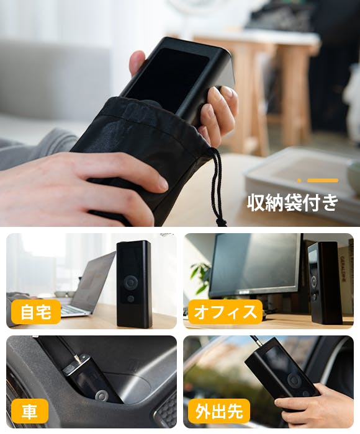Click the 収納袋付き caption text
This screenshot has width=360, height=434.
[x=292, y=203]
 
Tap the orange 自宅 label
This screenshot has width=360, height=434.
[x=36, y=312]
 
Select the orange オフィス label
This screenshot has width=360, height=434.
[x=225, y=312]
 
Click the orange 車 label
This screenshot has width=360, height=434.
[x=30, y=410]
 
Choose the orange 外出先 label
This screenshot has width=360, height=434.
[x=219, y=411]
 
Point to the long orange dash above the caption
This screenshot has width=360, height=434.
[x=323, y=180]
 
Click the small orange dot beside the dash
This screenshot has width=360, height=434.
[x=299, y=180]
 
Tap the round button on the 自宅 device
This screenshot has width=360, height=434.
[x=131, y=282]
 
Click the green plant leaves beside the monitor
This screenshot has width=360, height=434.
[x=200, y=277]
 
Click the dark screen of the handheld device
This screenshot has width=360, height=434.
[x=169, y=79]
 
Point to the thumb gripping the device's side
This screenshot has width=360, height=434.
[x=138, y=62]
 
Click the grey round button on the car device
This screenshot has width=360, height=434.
[x=102, y=396]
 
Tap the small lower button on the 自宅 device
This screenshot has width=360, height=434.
[x=130, y=298]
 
